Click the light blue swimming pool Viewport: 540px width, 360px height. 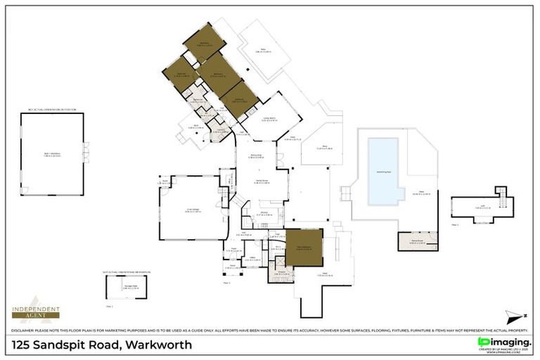[x=383, y=171]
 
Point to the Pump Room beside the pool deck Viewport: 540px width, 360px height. [x=418, y=241]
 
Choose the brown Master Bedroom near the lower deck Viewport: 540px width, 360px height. [x=304, y=247]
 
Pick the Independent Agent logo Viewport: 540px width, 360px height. [x=35, y=310]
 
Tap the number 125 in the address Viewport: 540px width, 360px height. [x=25, y=345]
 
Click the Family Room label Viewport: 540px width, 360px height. [x=262, y=181]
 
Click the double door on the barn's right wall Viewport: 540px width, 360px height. [x=85, y=150]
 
